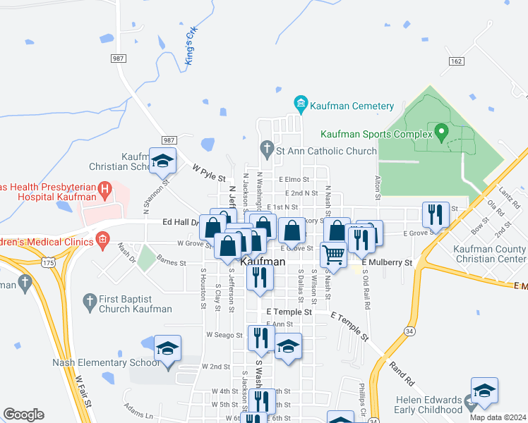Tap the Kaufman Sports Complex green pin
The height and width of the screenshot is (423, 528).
[442, 131]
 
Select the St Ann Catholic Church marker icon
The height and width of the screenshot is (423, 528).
[266, 148]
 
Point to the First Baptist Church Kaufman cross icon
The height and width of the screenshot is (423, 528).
[89, 302]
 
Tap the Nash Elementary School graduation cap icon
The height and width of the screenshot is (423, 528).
[167, 348]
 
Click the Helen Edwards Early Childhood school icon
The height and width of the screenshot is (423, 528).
[484, 391]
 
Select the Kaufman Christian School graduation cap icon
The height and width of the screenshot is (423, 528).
[162, 161]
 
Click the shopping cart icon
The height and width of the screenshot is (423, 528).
[333, 254]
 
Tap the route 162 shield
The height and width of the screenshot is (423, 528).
[455, 61]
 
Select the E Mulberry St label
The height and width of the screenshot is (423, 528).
[386, 262]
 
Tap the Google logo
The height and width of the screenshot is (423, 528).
[23, 415]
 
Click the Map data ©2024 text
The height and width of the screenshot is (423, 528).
[498, 417]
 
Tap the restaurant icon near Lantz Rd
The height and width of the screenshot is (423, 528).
[435, 214]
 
